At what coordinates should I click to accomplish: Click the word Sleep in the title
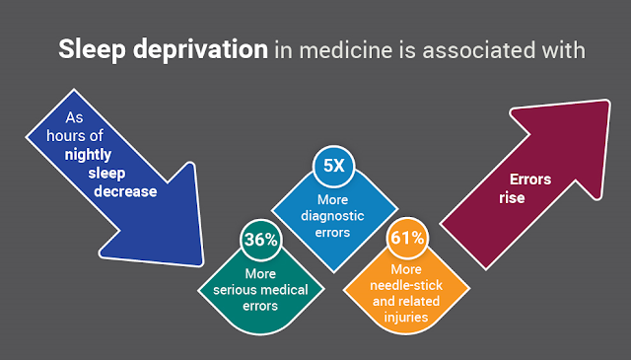coord(92,50)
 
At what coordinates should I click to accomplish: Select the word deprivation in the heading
coord(200,50)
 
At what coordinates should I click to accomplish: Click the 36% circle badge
coord(260,240)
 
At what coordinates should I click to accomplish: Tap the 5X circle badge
coord(333,166)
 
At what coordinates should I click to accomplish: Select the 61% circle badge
coord(407,238)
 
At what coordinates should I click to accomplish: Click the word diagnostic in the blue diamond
coord(332,216)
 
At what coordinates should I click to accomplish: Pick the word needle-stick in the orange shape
coord(406,285)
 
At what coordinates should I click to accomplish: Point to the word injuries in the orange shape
coord(405,318)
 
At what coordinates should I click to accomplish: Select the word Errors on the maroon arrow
coord(530,180)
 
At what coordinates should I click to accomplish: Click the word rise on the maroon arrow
coord(512,198)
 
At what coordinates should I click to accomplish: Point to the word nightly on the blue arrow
coord(88,155)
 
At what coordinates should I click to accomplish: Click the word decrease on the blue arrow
coord(125,191)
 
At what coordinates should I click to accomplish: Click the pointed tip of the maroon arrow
coord(608,102)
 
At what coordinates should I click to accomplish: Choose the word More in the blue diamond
coord(332,200)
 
